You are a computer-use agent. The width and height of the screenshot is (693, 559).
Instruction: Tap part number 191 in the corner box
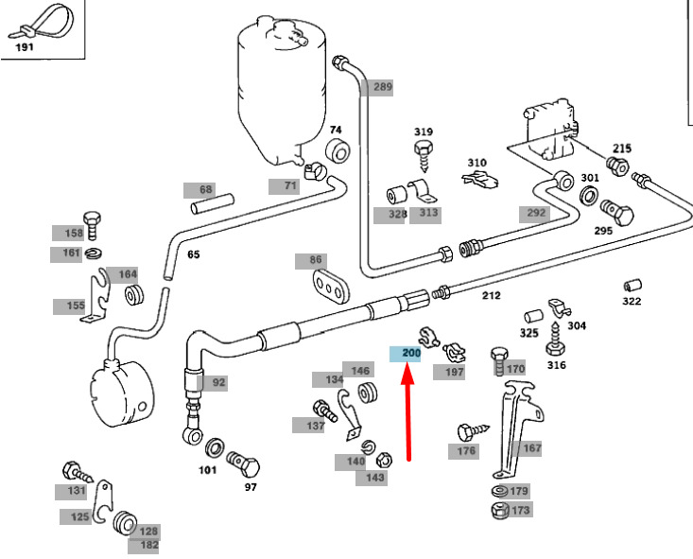(24, 45)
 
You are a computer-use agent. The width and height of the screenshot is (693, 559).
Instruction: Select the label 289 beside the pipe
(382, 86)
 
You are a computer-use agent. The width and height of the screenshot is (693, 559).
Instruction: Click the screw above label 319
(422, 150)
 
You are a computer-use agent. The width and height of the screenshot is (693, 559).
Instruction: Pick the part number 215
(621, 148)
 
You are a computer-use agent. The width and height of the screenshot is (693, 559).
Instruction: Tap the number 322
(632, 301)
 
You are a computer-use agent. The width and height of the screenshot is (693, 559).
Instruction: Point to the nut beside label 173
(498, 511)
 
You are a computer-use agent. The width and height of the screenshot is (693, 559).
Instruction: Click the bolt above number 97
(244, 464)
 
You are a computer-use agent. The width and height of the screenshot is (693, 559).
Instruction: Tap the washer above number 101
(215, 446)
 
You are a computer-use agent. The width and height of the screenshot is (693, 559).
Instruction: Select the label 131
(77, 490)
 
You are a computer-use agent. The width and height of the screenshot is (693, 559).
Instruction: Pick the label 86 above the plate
(315, 260)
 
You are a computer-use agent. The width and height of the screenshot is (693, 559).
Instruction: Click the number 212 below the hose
(492, 296)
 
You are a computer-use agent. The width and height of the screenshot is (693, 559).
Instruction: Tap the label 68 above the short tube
(206, 189)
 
